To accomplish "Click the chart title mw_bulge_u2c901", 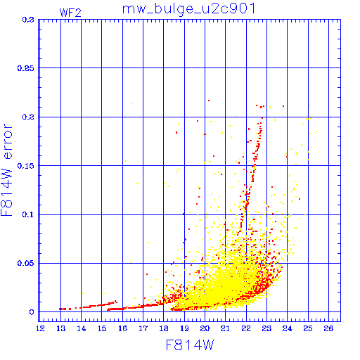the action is coord(189,10).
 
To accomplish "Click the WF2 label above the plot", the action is coord(70,13).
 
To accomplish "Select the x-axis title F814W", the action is coord(190,345).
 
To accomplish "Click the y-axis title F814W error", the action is coord(7,170).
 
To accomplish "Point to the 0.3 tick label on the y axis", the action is coord(28,20).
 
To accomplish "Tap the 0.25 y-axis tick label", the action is coord(26,68).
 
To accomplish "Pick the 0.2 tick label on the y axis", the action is coord(28,117).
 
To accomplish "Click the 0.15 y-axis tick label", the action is coord(26,166).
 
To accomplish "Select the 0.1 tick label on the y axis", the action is coord(28,214).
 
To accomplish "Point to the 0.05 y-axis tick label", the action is coord(26,263).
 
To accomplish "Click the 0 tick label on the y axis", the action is coord(32,312).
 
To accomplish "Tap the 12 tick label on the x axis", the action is coord(40,328).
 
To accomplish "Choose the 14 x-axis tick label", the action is coord(82,328).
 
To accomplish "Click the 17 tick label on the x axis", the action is coord(143,328).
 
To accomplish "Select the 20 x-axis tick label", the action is coord(205,328).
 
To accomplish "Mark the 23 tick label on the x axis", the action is coord(266,328).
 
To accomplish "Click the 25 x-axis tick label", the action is coord(308,328).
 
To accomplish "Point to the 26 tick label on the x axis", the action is coord(328,328).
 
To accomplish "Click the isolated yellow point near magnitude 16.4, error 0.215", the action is coord(131,103).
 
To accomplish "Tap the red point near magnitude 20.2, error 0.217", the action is coord(209,101).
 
